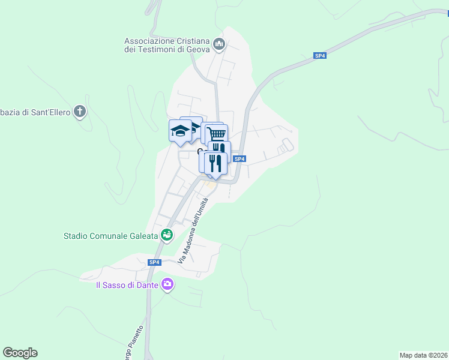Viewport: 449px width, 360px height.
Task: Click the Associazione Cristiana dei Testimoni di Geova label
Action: (167, 45)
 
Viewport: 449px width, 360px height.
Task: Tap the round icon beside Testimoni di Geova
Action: (219, 44)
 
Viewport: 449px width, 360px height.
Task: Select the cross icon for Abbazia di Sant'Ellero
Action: (80, 111)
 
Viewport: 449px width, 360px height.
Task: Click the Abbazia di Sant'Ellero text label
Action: (35, 112)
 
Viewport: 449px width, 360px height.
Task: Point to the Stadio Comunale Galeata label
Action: (111, 236)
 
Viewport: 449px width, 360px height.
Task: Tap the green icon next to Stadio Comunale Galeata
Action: (167, 235)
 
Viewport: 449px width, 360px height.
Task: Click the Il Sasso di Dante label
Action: (127, 285)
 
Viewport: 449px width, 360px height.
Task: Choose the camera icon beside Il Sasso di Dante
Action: (167, 284)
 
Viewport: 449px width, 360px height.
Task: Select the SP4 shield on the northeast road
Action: (320, 56)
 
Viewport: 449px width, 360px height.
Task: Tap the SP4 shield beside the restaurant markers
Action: (240, 158)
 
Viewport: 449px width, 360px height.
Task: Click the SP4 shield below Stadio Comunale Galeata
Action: (154, 262)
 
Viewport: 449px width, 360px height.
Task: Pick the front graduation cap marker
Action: (180, 131)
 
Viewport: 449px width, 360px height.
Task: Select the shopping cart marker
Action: (217, 133)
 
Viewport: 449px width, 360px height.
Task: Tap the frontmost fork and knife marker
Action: (215, 163)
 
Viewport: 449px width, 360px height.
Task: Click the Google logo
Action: (20, 353)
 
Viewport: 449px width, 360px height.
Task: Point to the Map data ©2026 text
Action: (423, 355)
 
